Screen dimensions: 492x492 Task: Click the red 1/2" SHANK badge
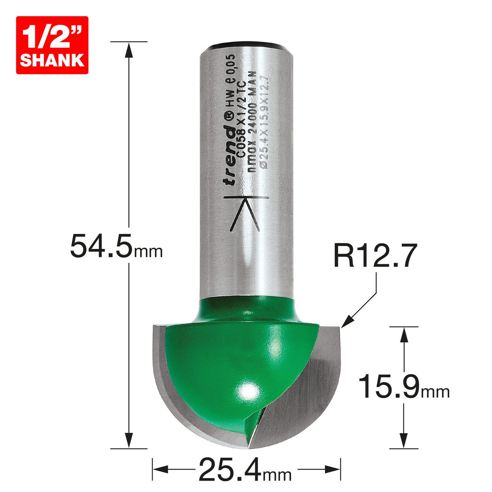click(x=52, y=45)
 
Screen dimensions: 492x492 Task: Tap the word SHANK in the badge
click(x=52, y=60)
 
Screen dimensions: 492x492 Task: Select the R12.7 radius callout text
click(x=374, y=256)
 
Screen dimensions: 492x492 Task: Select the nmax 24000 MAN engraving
click(x=252, y=122)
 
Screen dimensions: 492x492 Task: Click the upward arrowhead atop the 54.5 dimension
click(x=129, y=50)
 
